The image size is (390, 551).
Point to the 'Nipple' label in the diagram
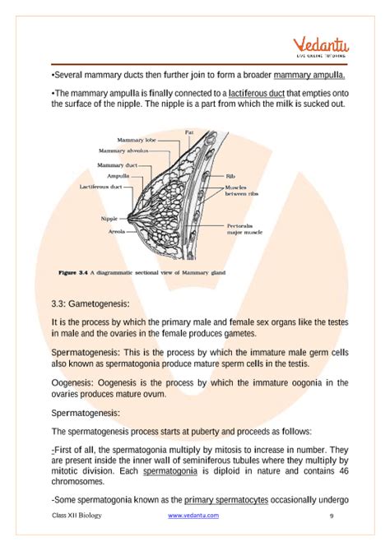[109, 219]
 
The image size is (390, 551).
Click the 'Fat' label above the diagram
[189, 132]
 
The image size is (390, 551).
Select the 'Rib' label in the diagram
[231, 176]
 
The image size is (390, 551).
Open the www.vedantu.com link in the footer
[193, 516]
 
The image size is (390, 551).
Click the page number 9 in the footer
[331, 516]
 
